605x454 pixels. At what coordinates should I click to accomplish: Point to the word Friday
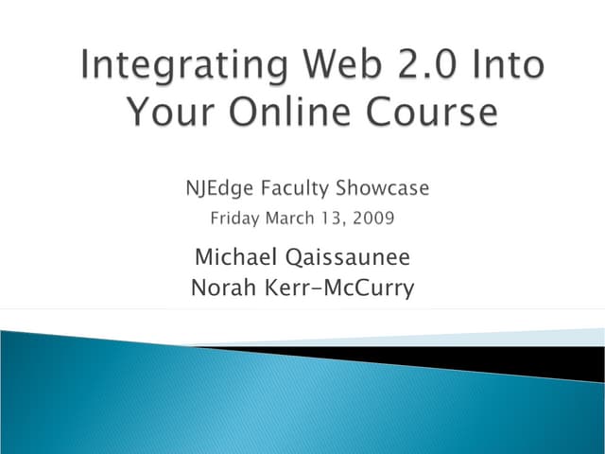pyautogui.click(x=235, y=219)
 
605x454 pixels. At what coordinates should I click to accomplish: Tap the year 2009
pyautogui.click(x=372, y=218)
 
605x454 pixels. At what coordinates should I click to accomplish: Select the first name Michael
pyautogui.click(x=231, y=257)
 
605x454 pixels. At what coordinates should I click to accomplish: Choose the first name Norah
pyautogui.click(x=222, y=287)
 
